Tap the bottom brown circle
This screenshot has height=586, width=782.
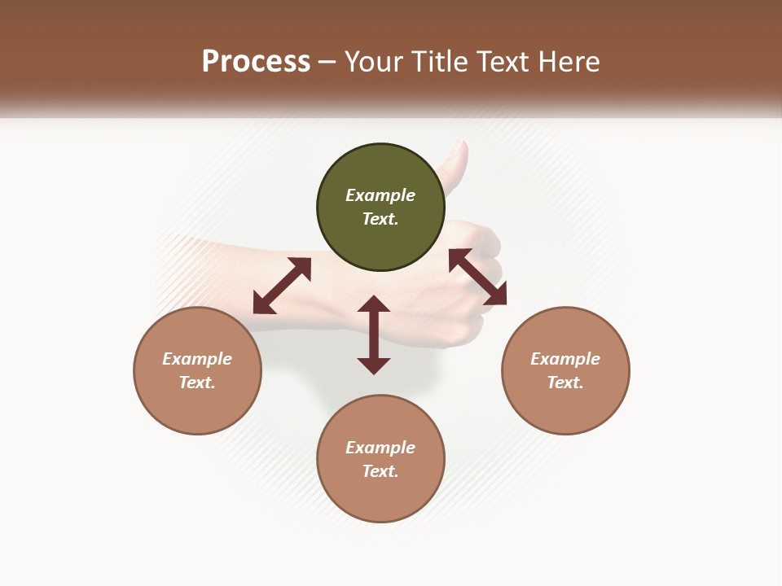[380, 496]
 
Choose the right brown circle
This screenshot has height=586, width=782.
[565, 407]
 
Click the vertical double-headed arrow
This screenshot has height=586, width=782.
[374, 335]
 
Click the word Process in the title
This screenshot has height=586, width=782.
[256, 61]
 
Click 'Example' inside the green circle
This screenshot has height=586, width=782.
[380, 195]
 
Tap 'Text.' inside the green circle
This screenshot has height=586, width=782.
[380, 219]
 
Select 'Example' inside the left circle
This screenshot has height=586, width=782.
[197, 359]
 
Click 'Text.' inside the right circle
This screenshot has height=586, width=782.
[565, 383]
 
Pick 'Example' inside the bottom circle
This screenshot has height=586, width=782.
[380, 448]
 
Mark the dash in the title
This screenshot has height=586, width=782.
[327, 61]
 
